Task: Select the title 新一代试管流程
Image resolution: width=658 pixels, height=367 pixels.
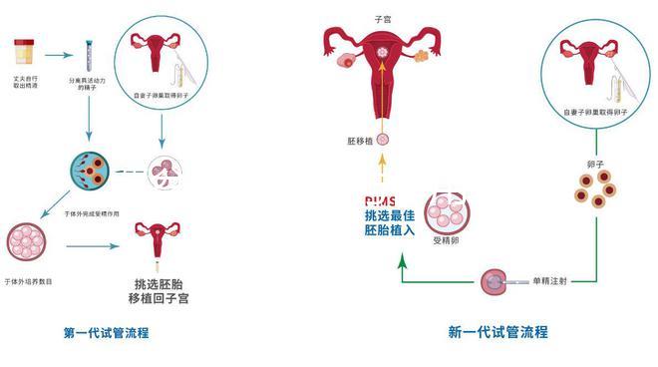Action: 497,332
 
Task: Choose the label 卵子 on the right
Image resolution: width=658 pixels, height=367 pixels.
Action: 596,160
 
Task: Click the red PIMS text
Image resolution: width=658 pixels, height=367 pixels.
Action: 380,199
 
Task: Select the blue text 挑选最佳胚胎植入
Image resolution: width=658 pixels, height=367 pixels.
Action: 387,223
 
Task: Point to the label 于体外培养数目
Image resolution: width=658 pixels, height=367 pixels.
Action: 29,282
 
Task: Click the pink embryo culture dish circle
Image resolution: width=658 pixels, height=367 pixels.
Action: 27,240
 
